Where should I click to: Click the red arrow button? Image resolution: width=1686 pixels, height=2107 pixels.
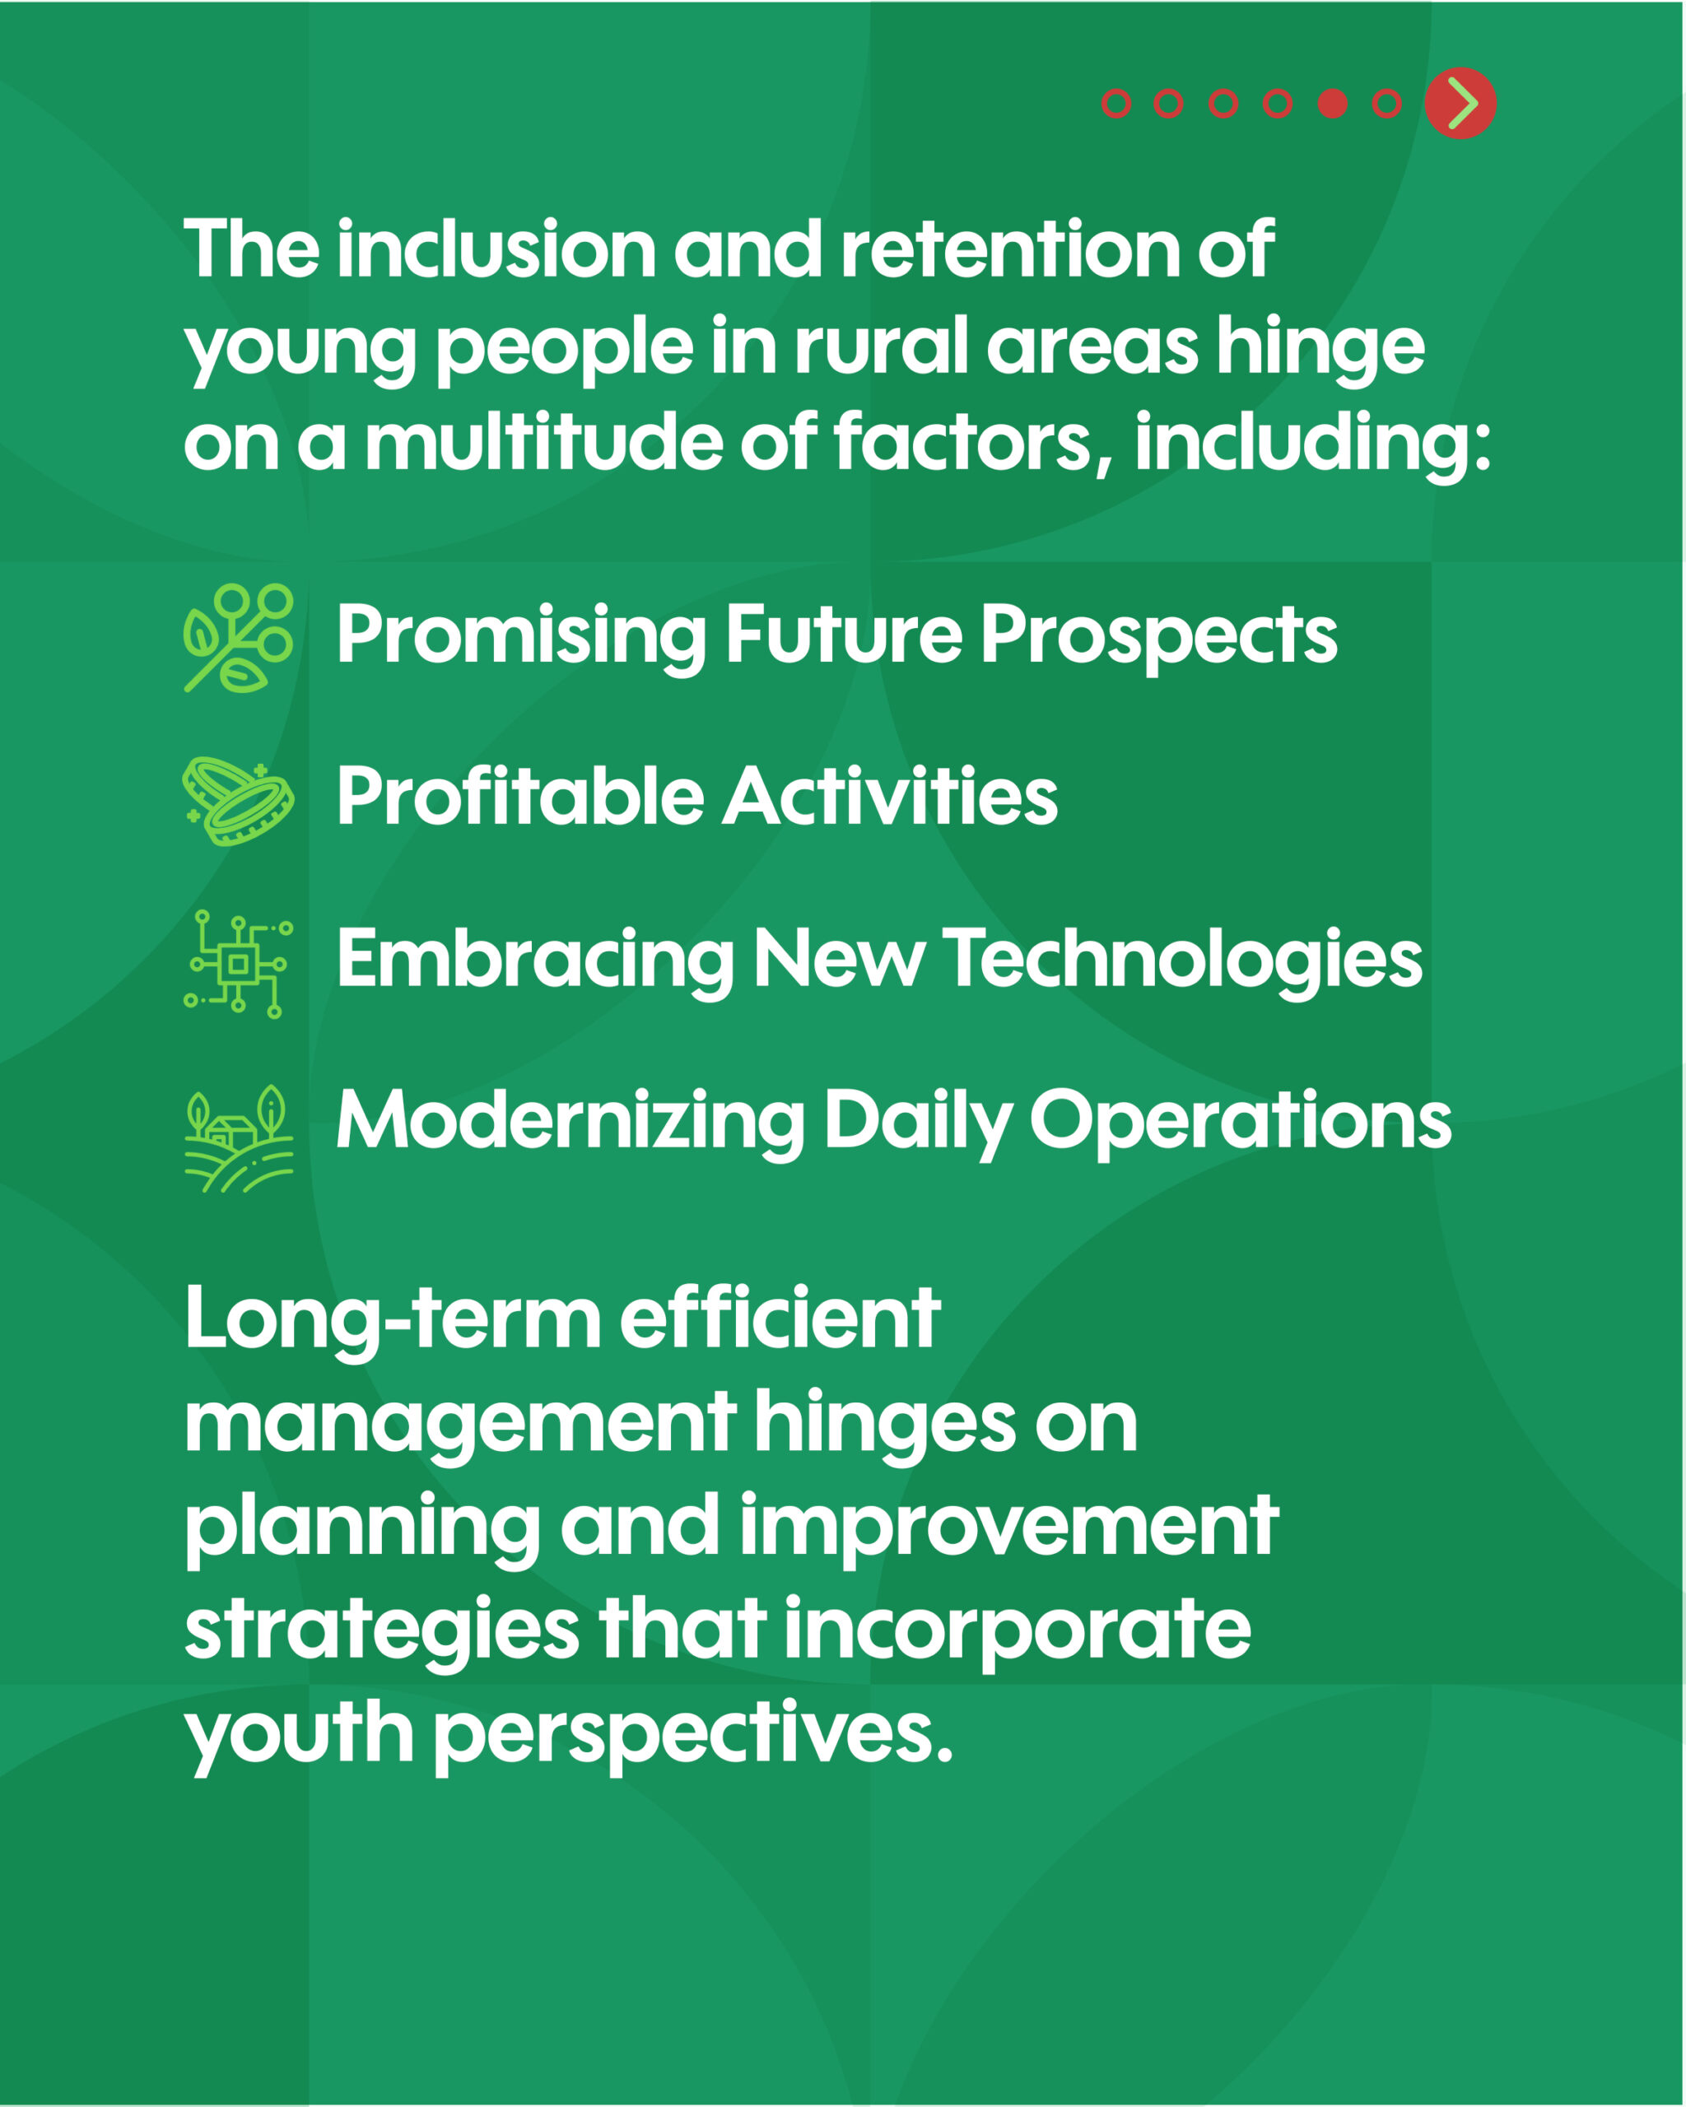pyautogui.click(x=1460, y=104)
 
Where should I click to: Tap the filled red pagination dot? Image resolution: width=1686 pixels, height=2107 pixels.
pyautogui.click(x=1332, y=104)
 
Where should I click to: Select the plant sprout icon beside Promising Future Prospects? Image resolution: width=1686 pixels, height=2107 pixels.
pyautogui.click(x=239, y=638)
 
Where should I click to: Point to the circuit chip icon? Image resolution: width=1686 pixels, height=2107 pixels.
pyautogui.click(x=239, y=965)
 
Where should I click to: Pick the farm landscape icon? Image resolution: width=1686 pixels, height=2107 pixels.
pyautogui.click(x=239, y=1138)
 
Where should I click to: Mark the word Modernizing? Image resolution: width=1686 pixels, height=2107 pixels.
pyautogui.click(x=570, y=1123)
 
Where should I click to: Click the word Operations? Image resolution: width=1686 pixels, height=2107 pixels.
pyautogui.click(x=1241, y=1123)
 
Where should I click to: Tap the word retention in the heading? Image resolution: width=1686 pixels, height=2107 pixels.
pyautogui.click(x=1009, y=249)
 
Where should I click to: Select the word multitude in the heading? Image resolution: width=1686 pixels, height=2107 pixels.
pyautogui.click(x=543, y=443)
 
